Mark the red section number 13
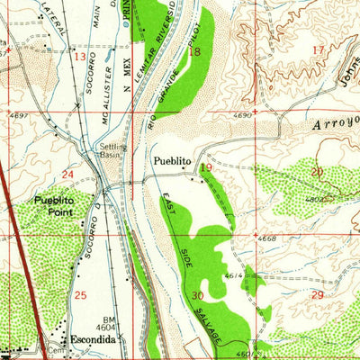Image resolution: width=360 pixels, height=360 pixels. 79,57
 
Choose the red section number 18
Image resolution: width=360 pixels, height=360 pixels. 195,52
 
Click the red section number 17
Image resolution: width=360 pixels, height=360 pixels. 316,49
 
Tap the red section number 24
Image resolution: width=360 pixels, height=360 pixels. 68,173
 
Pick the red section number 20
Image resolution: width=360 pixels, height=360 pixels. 316,171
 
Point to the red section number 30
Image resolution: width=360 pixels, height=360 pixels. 198,294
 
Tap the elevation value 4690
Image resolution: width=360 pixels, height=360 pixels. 265,117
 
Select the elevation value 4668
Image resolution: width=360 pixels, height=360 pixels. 265,238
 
